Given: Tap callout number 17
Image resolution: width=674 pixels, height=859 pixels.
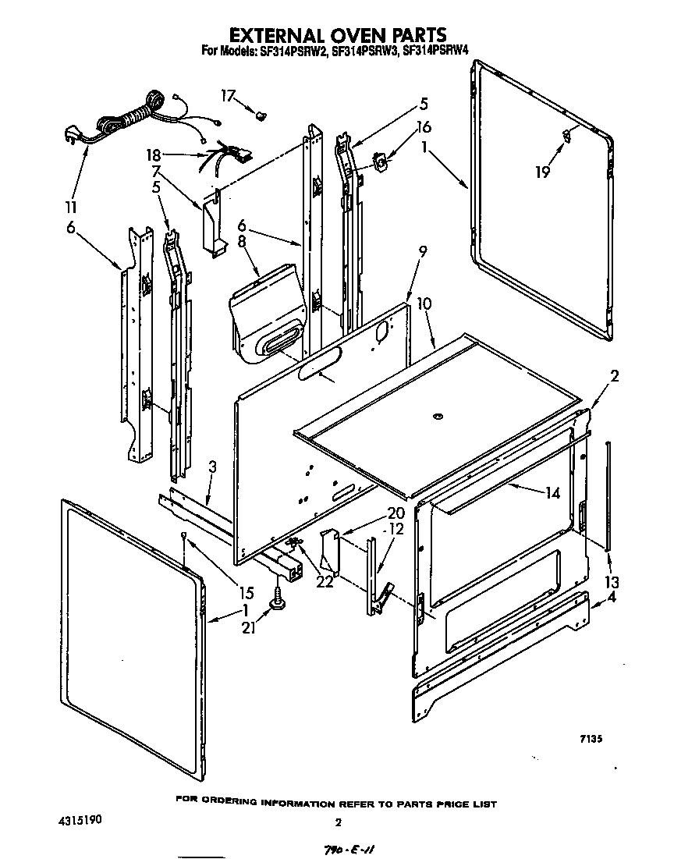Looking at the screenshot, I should click(227, 97).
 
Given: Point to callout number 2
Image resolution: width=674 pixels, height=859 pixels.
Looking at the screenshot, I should click(614, 377).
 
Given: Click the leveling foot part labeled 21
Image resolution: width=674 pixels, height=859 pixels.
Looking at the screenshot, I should click(277, 600).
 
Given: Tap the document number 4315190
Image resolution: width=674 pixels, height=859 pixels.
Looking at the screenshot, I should click(79, 822).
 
